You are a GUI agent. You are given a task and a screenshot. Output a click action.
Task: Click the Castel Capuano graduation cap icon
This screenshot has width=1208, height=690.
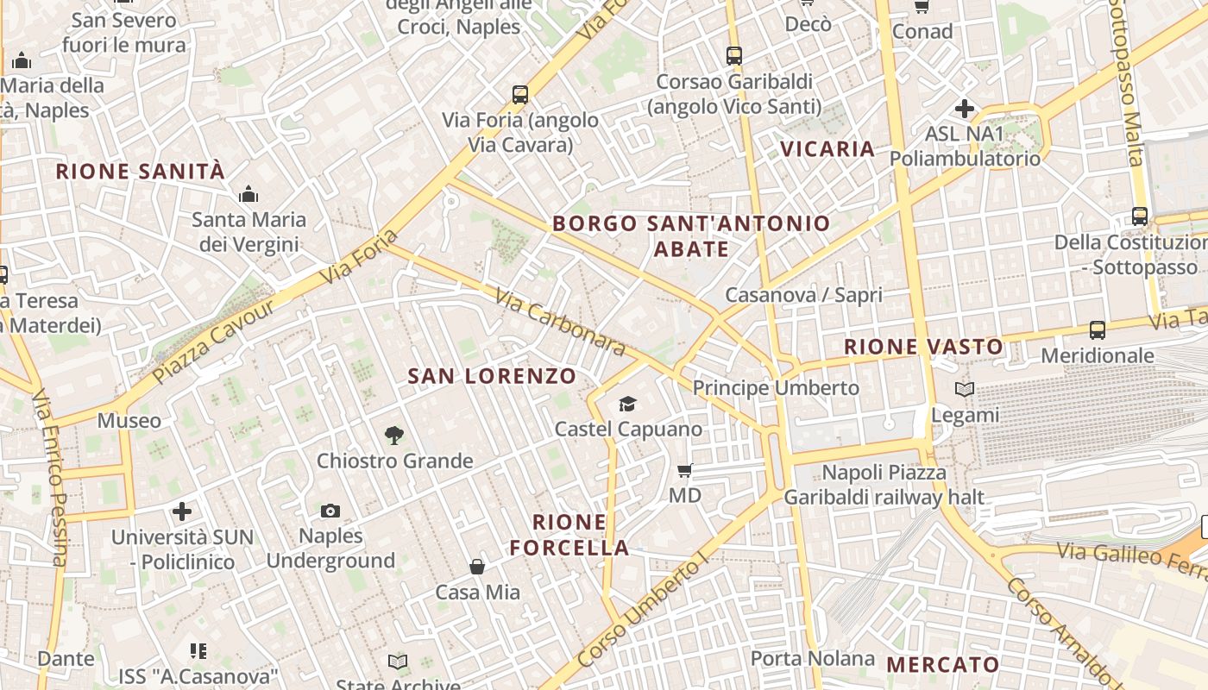627,404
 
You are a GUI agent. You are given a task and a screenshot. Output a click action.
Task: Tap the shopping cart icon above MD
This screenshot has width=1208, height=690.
685,471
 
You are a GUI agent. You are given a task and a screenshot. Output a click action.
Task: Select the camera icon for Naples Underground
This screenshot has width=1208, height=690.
330,511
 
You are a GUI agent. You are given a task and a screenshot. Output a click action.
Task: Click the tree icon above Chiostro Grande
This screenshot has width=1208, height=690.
394,436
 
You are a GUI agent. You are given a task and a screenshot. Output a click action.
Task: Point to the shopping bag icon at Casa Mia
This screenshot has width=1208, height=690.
477,567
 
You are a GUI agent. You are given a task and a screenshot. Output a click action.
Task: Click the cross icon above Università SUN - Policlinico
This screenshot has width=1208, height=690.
182,511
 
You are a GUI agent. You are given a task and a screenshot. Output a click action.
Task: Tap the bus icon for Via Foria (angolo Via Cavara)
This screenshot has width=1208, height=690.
520,94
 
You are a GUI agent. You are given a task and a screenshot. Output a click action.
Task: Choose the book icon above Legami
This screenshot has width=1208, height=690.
965,390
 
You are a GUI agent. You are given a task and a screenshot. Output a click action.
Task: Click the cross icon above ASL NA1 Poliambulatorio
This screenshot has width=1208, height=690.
965,110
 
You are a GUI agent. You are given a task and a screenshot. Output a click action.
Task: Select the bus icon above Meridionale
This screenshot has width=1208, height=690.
1098,330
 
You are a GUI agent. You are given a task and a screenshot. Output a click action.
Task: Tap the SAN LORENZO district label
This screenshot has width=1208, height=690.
491,376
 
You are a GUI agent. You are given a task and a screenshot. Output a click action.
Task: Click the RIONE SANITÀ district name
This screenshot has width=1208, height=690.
140,172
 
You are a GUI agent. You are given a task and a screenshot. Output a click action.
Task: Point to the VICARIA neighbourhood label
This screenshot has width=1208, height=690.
827,149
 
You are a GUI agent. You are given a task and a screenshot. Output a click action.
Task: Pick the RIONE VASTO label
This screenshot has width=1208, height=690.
923,347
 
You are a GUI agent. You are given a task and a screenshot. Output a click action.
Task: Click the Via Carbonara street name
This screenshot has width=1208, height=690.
560,322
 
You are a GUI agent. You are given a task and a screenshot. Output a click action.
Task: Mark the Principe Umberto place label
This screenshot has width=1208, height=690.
776,388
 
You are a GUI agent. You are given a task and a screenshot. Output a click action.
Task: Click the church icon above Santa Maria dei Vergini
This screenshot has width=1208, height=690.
249,194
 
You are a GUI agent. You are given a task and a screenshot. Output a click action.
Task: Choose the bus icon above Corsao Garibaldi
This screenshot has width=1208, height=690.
734,56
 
